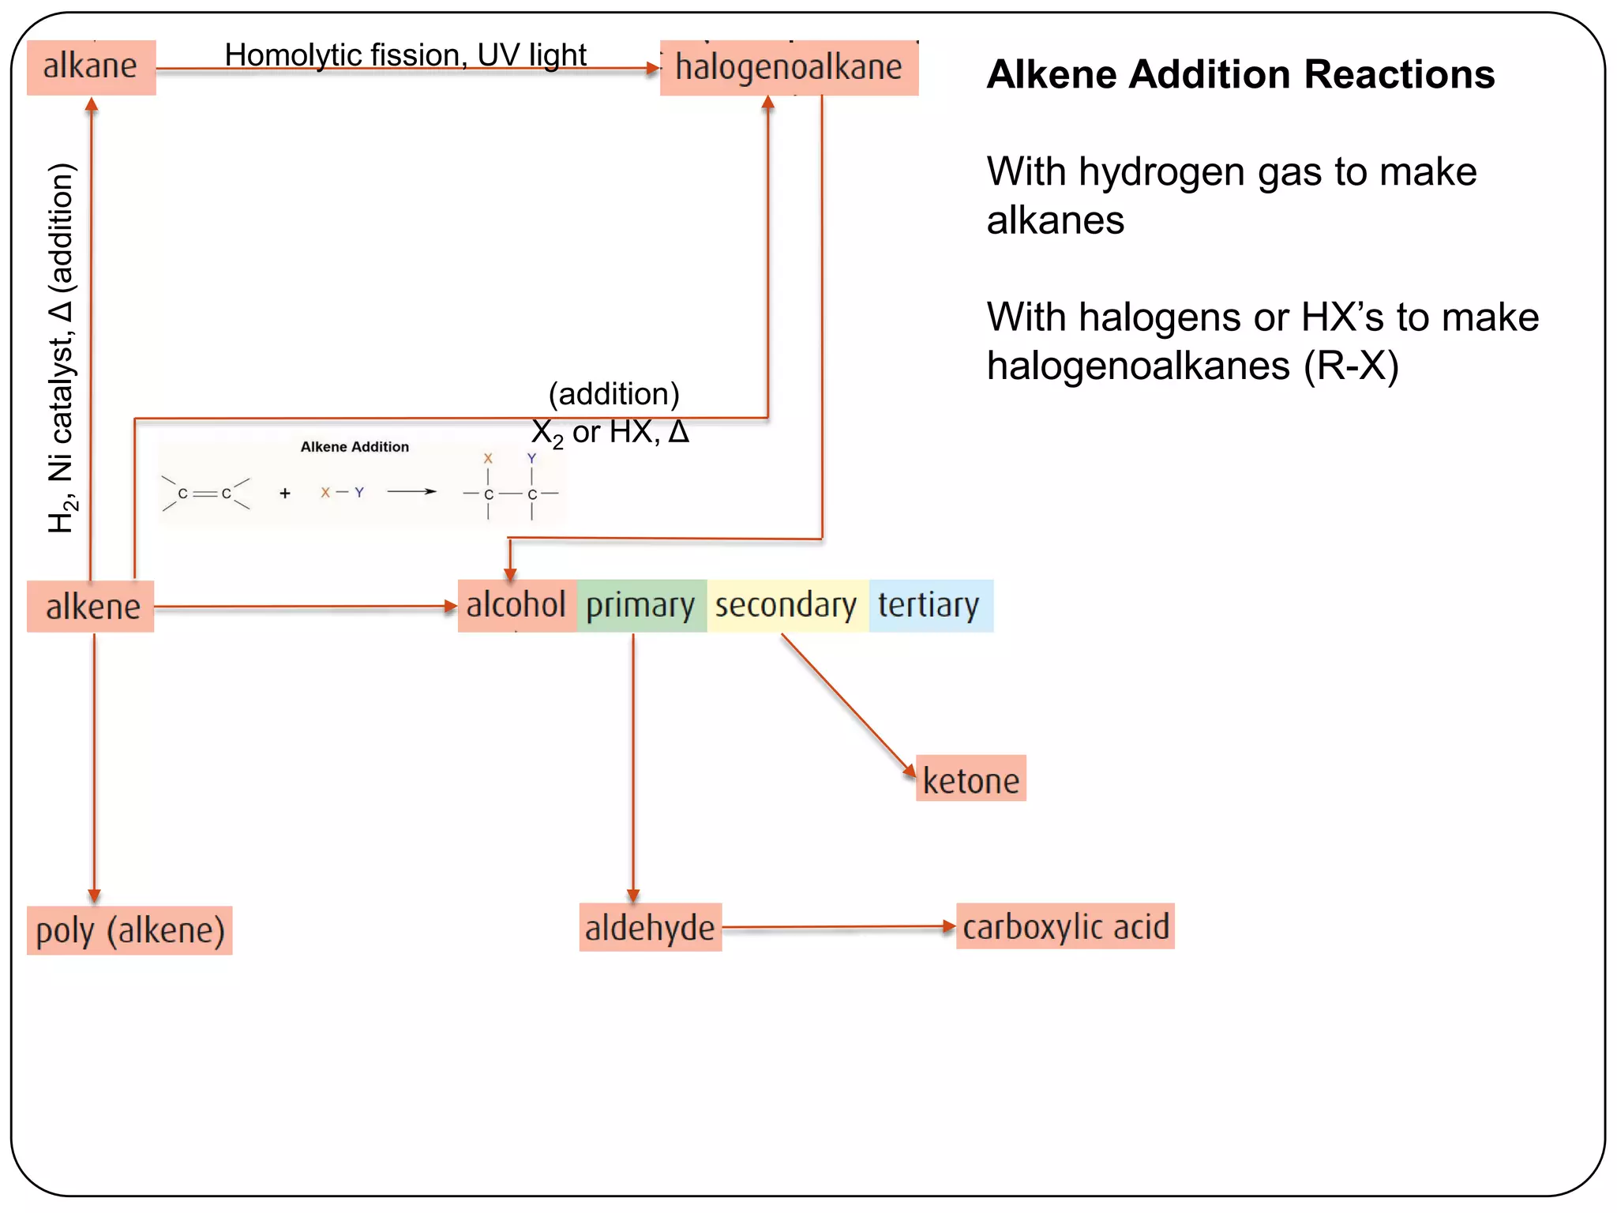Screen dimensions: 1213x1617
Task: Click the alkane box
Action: coord(91,67)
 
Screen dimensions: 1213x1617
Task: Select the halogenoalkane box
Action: coord(789,68)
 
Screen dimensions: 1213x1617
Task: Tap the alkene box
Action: coord(91,606)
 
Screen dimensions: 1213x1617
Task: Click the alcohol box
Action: coord(516,606)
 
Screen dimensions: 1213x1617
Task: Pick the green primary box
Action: coord(641,606)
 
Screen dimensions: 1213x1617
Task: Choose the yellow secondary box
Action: coord(786,606)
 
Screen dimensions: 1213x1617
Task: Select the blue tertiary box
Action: coord(929,606)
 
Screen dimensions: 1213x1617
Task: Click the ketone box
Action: coord(970,779)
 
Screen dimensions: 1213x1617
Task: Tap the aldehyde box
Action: coord(650,927)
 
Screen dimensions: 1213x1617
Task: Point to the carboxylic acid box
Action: coord(1065,926)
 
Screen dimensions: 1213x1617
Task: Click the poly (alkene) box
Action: coord(129,930)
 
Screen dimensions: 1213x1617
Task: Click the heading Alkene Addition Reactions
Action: coord(1240,74)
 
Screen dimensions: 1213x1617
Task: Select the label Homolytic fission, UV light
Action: coord(405,55)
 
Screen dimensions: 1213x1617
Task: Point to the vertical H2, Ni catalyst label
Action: coord(62,347)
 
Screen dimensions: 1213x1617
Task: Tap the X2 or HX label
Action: coord(610,432)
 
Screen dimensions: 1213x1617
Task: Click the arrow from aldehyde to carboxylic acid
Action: coord(837,927)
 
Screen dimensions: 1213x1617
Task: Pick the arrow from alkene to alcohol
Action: coord(305,606)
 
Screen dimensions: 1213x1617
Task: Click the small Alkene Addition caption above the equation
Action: coord(355,447)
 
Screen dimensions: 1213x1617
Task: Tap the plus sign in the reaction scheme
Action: coord(285,494)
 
